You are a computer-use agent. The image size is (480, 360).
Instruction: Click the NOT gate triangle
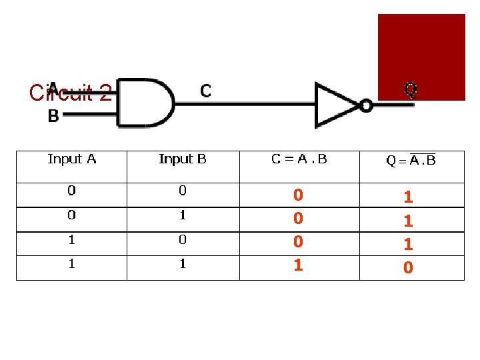pyautogui.click(x=337, y=105)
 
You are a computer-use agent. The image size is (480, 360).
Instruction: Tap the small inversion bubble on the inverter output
pyautogui.click(x=366, y=105)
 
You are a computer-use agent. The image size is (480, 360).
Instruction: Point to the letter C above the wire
pyautogui.click(x=206, y=91)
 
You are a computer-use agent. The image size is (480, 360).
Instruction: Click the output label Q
pyautogui.click(x=411, y=89)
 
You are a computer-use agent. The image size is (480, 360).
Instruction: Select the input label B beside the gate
pyautogui.click(x=53, y=117)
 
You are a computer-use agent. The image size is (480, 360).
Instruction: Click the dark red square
pyautogui.click(x=421, y=57)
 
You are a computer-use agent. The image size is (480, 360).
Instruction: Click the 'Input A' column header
pyautogui.click(x=72, y=159)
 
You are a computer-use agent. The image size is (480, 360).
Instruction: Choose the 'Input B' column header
pyautogui.click(x=183, y=159)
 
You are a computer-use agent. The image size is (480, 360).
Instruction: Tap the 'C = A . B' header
pyautogui.click(x=299, y=159)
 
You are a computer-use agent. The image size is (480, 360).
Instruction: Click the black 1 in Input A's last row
pyautogui.click(x=71, y=264)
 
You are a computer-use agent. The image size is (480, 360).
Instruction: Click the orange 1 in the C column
pyautogui.click(x=299, y=265)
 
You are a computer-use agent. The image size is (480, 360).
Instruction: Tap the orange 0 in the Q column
pyautogui.click(x=409, y=268)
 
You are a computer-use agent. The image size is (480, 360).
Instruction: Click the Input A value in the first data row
pyautogui.click(x=71, y=191)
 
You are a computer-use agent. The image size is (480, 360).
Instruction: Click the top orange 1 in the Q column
pyautogui.click(x=409, y=197)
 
